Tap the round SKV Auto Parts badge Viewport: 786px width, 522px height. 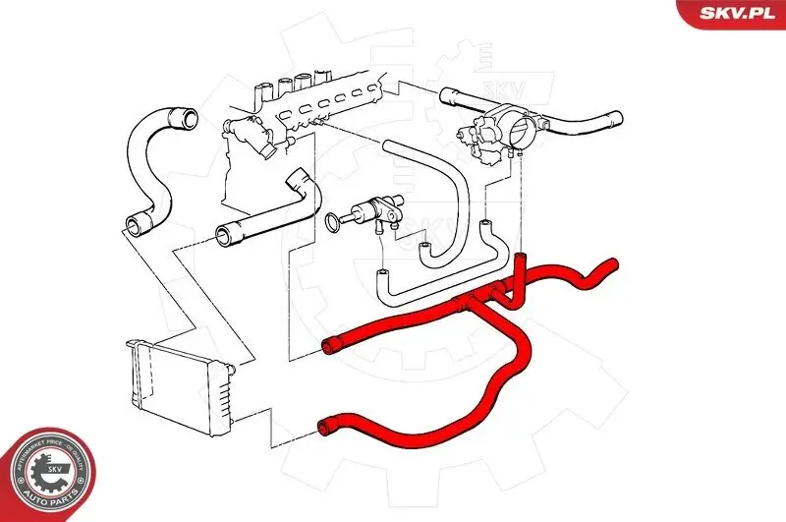point(50,474)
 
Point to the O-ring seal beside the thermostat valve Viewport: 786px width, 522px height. point(335,222)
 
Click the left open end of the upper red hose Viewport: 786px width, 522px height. point(331,345)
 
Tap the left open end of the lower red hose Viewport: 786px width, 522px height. point(326,427)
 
